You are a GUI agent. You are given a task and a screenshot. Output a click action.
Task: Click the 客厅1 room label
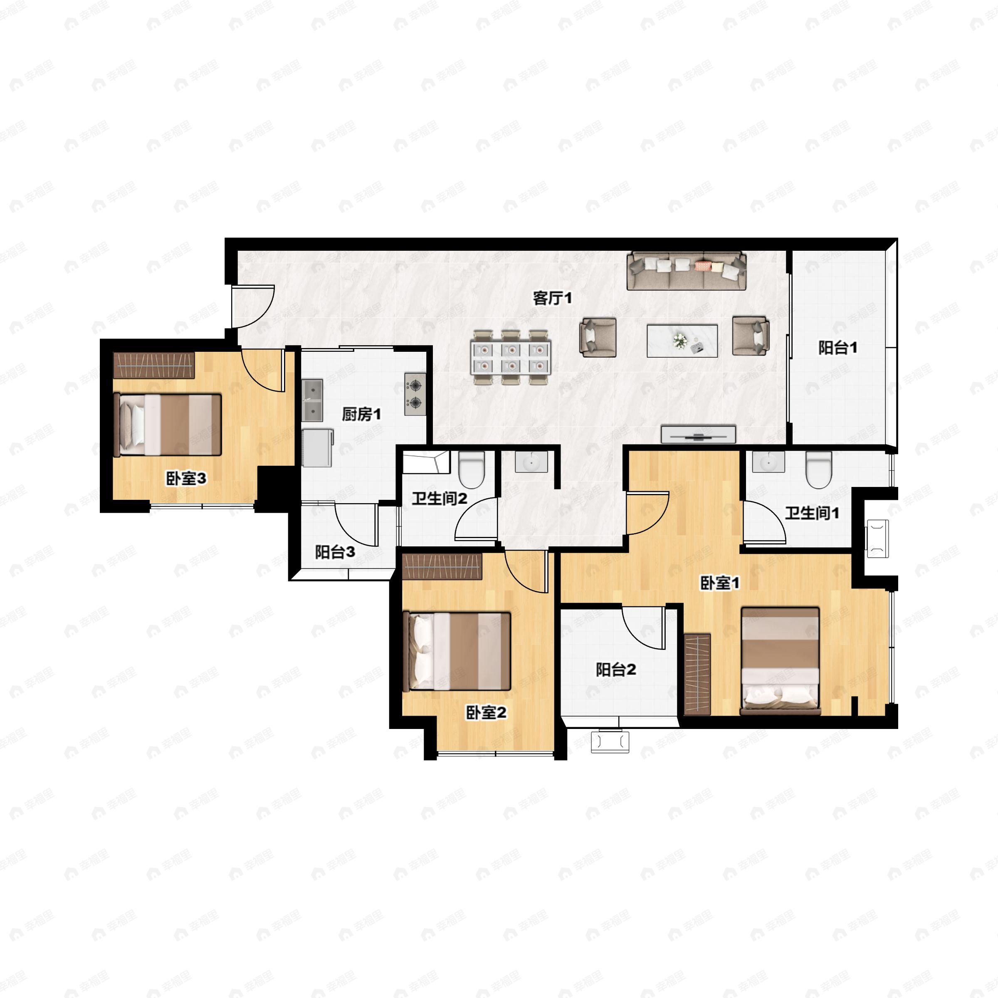552,298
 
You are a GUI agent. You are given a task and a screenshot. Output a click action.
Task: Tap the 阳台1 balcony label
837,348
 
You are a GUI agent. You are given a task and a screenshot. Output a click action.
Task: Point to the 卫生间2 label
439,499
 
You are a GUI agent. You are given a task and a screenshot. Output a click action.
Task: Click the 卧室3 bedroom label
185,478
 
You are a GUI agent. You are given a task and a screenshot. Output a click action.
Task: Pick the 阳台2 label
616,669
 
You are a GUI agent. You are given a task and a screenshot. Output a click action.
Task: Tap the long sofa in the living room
687,271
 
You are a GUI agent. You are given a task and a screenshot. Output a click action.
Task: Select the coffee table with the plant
682,341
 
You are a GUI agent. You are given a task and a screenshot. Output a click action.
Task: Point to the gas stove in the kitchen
415,394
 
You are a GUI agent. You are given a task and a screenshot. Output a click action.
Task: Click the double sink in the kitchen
312,400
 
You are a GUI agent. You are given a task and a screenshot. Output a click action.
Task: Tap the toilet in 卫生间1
819,469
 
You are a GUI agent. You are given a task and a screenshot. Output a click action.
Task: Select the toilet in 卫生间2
472,469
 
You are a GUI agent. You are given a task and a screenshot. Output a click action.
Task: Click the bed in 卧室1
780,661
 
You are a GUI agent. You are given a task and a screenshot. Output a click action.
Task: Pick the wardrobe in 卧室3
154,365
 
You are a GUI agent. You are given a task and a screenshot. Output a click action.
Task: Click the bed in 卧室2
457,651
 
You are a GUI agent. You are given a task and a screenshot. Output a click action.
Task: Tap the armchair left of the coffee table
598,337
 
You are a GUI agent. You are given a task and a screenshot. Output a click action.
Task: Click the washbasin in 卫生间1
768,462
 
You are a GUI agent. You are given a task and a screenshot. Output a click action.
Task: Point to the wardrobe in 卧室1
697,674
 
